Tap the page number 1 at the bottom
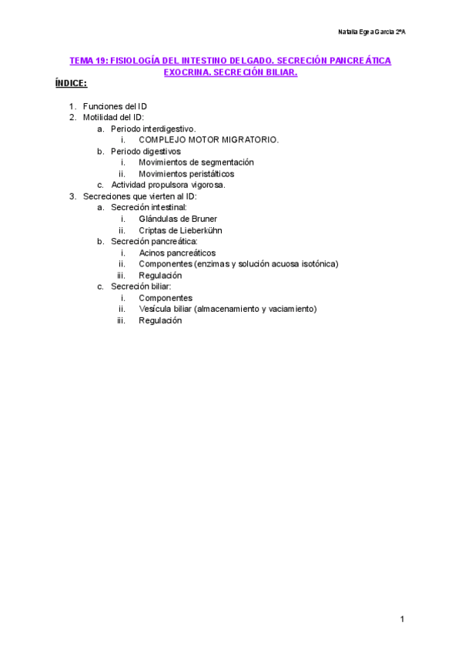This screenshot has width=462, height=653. (x=402, y=619)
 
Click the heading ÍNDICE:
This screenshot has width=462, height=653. (x=70, y=82)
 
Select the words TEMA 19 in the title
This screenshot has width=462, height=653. (x=87, y=60)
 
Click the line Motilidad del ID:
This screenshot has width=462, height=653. (x=113, y=117)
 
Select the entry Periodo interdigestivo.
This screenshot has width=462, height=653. (x=153, y=129)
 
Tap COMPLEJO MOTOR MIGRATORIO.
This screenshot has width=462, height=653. (x=209, y=139)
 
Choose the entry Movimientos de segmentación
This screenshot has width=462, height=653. (x=196, y=162)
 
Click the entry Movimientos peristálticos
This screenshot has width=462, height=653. (x=186, y=174)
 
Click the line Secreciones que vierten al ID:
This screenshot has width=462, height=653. (x=139, y=196)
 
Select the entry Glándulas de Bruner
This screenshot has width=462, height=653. (x=178, y=219)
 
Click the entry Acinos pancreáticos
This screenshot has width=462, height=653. (x=177, y=253)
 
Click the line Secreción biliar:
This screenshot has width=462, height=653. (x=141, y=286)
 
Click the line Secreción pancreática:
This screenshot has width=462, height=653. (x=154, y=242)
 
